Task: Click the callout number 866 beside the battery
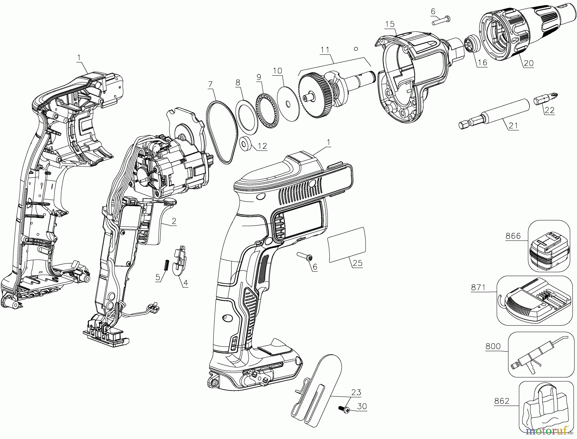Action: tap(513, 236)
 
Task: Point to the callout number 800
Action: tap(493, 346)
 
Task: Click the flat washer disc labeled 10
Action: tap(288, 103)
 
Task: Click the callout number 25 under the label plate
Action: tap(357, 263)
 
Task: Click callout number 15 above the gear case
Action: tap(390, 24)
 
